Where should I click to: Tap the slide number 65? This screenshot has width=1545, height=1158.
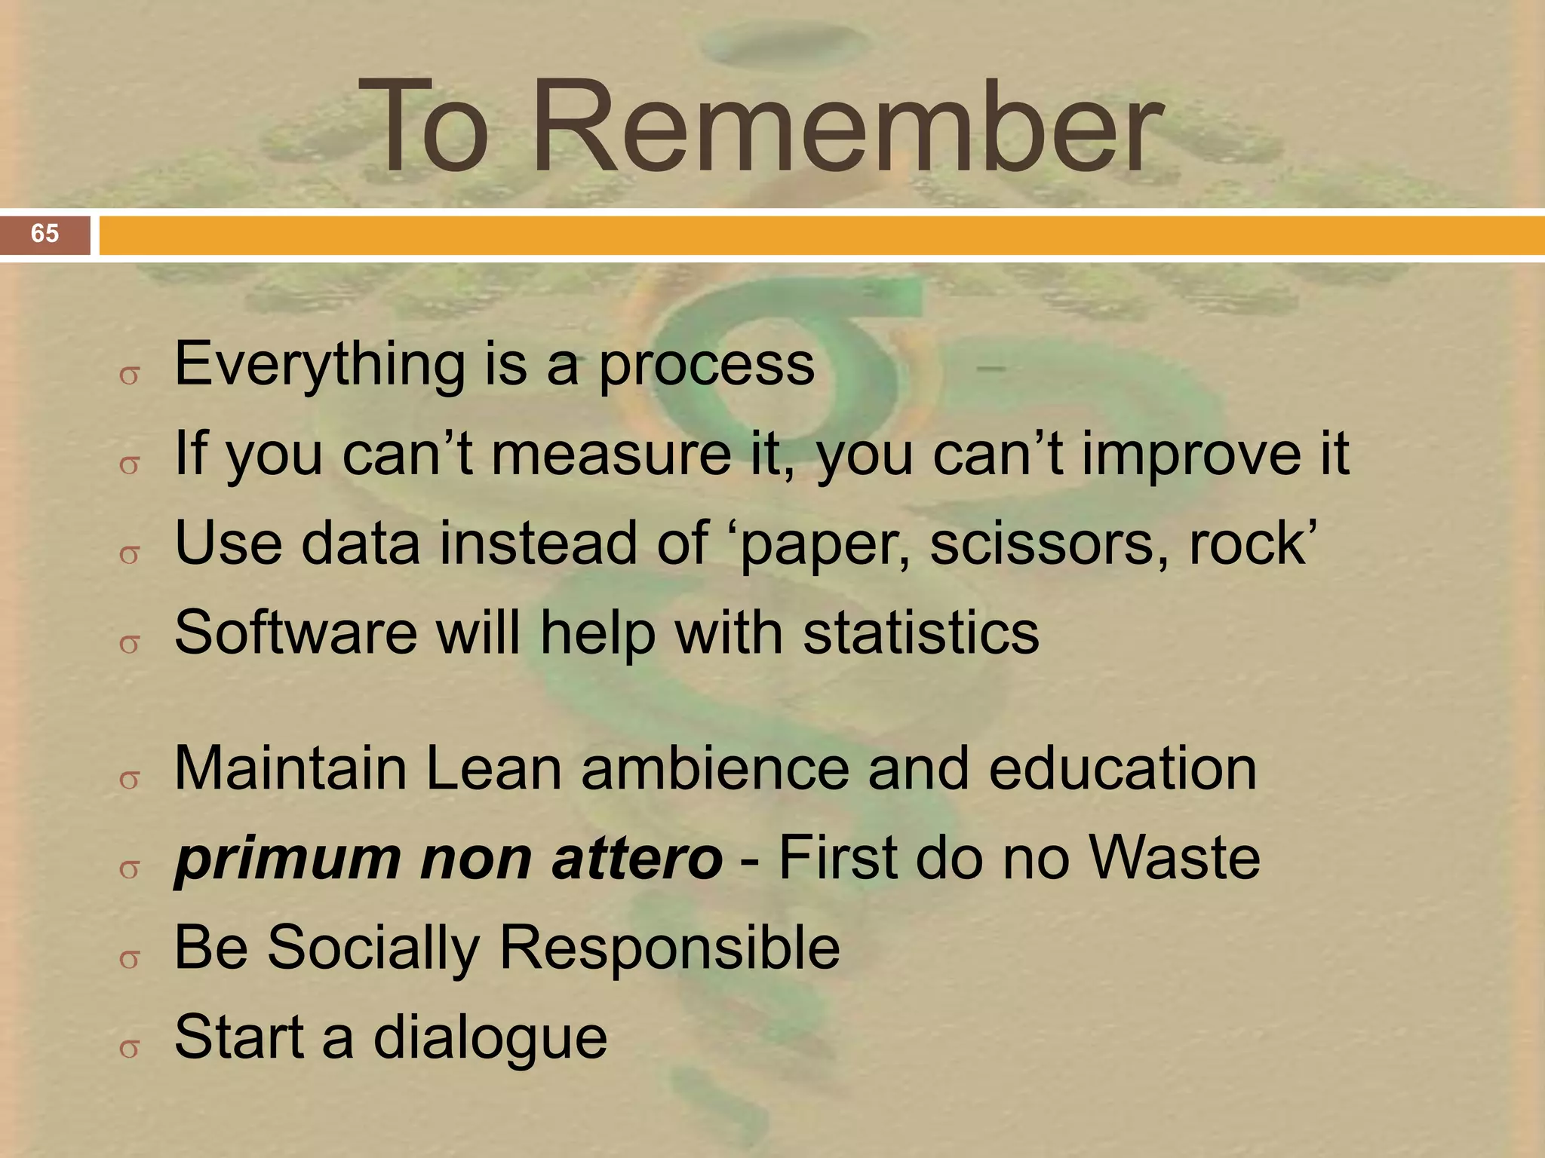(45, 234)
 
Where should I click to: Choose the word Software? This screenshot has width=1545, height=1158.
(295, 633)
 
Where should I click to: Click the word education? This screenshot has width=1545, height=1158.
(1123, 769)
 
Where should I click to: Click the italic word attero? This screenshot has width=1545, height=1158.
(637, 859)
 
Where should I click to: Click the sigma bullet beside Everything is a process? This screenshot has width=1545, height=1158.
(130, 375)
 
